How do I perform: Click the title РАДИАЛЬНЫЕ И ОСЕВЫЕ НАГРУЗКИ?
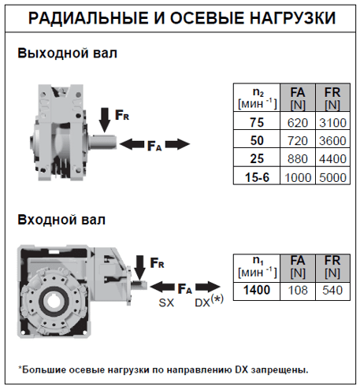click(x=179, y=17)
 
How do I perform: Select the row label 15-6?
click(x=258, y=177)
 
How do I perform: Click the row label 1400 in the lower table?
click(x=258, y=291)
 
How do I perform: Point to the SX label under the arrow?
click(x=165, y=303)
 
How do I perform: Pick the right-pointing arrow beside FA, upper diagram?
click(x=177, y=144)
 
